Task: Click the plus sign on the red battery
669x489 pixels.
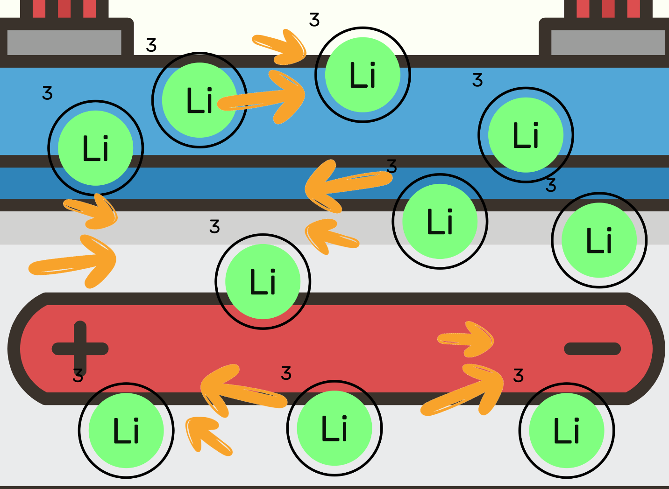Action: (80, 348)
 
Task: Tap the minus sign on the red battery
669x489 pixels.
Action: (592, 349)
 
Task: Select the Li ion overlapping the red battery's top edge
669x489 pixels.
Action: (263, 281)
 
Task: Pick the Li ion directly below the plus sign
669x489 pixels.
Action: (126, 430)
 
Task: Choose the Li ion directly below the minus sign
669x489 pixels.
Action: (567, 430)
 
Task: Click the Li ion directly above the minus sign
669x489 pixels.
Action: (599, 240)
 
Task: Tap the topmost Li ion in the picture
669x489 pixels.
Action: (363, 75)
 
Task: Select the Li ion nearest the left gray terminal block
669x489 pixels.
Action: (199, 100)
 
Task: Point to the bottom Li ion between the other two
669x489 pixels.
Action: (334, 428)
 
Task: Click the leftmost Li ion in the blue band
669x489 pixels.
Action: (95, 147)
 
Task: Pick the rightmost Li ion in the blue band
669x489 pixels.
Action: (526, 135)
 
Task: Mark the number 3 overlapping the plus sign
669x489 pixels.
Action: (78, 375)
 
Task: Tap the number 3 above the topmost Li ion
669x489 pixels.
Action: (314, 20)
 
